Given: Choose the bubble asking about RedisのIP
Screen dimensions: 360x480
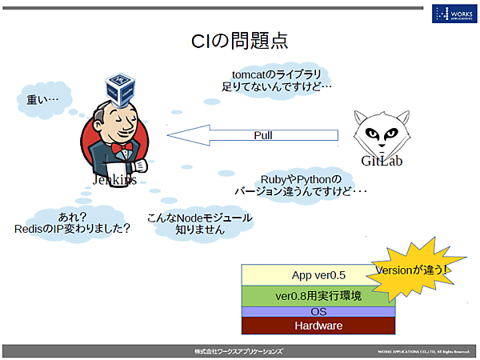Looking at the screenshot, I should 73,222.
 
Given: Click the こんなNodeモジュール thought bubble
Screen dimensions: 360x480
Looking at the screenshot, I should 200,223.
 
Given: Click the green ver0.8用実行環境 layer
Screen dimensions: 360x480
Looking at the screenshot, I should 318,296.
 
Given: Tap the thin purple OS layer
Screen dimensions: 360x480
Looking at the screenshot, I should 318,311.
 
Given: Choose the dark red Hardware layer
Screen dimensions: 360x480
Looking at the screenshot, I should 318,326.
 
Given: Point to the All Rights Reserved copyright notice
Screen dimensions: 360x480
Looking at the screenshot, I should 423,351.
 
